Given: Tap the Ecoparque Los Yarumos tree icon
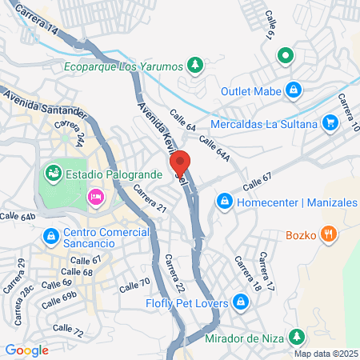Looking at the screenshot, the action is [194, 64].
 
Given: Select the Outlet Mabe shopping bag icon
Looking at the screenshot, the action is [294, 90].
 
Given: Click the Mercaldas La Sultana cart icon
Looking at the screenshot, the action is [330, 122].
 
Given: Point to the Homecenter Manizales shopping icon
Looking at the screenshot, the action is [225, 202].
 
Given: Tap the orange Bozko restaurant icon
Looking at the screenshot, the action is [326, 234].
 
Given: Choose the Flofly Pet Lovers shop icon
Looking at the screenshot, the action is [241, 302].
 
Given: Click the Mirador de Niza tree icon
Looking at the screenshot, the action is [298, 335].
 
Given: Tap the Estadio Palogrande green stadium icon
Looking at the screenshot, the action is [54, 172].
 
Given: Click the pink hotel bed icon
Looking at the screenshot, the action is [95, 197].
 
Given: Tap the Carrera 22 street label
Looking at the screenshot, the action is [175, 273].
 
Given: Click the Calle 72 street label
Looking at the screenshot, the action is [66, 331].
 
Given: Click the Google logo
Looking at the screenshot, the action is [27, 350].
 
